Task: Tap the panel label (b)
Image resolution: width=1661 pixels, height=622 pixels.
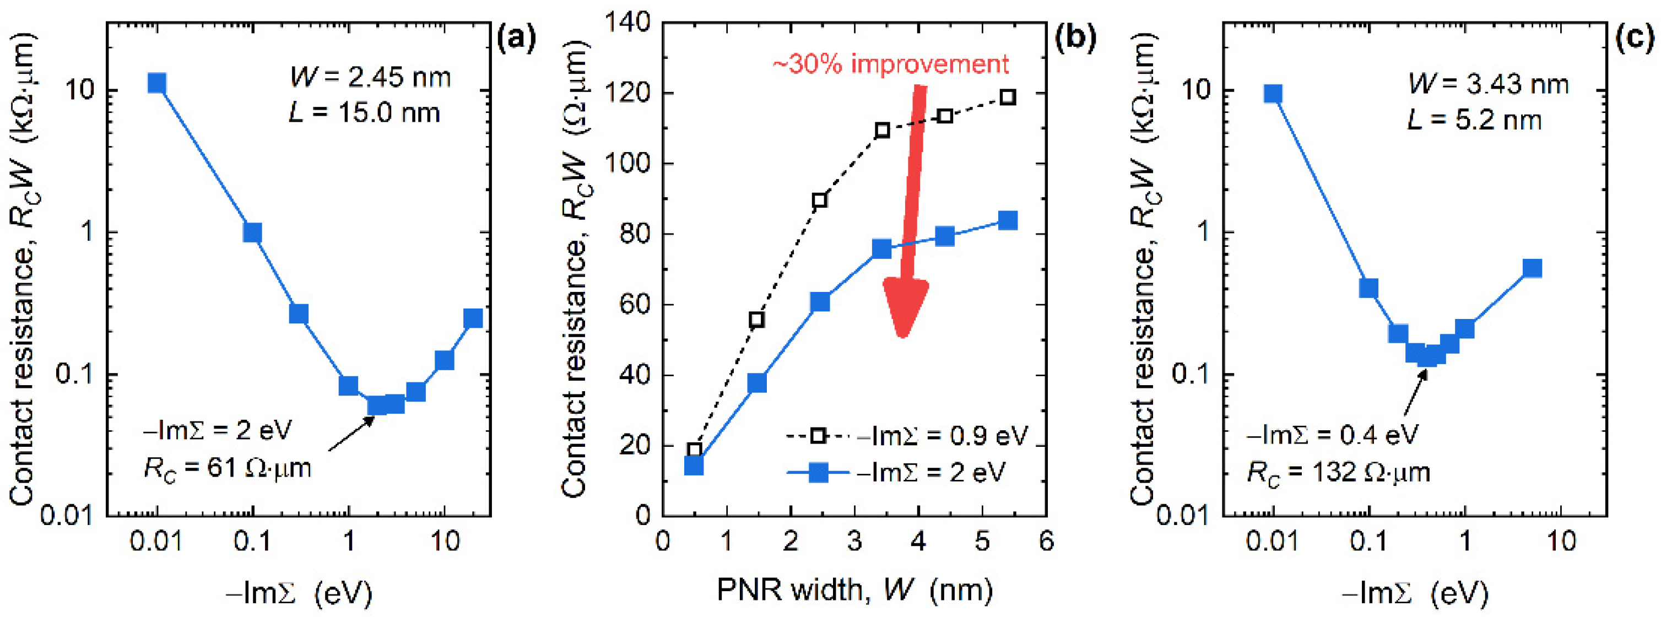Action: (1075, 40)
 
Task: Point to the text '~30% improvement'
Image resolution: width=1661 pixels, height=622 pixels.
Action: (890, 64)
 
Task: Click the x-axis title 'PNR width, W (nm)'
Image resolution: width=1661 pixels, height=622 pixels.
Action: (854, 590)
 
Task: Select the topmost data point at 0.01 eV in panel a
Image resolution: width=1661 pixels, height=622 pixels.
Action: (156, 83)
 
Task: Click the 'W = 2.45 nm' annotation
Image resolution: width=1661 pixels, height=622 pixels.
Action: (370, 78)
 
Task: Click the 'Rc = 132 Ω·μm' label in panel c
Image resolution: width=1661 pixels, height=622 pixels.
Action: (1339, 473)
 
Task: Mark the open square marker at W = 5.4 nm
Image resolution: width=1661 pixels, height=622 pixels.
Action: (1008, 98)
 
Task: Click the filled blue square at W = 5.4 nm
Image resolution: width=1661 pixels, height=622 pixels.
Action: (1008, 220)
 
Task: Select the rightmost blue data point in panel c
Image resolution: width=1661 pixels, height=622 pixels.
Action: (1532, 268)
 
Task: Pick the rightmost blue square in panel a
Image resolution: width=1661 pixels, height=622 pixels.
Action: (473, 318)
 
